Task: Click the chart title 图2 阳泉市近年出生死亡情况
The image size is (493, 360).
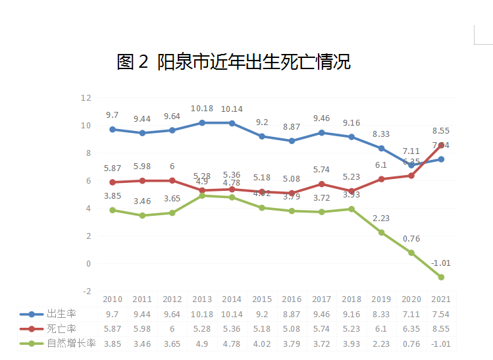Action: point(234,63)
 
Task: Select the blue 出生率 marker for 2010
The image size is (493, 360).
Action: point(113,130)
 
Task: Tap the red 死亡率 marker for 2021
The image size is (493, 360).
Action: point(441,145)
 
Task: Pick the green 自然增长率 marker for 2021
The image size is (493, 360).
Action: point(441,277)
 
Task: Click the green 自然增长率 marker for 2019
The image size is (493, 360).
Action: point(381,232)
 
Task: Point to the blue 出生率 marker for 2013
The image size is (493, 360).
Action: point(202,123)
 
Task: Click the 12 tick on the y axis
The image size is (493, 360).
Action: point(86,97)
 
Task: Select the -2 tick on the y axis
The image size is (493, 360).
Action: point(86,291)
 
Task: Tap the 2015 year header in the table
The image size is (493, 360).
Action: point(262,299)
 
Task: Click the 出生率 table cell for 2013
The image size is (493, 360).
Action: point(202,315)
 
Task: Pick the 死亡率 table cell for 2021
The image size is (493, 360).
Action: point(441,329)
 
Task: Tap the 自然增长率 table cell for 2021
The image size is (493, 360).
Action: point(441,344)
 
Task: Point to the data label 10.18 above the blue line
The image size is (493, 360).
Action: point(202,109)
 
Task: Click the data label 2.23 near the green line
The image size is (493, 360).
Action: point(381,218)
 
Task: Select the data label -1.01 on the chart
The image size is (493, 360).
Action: point(441,263)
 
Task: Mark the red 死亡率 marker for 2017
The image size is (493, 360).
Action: point(321,184)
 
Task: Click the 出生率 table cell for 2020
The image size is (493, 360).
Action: point(411,315)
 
